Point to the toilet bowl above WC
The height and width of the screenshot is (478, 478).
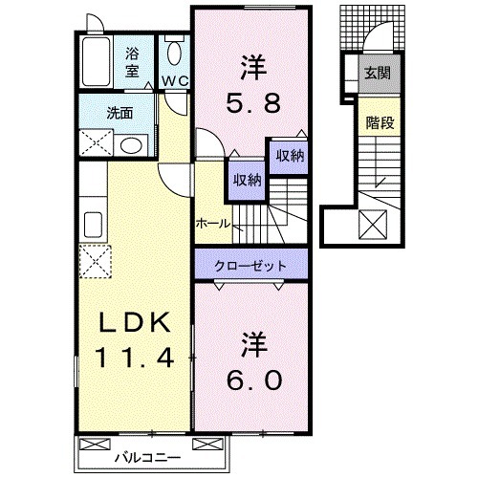[x=173, y=53]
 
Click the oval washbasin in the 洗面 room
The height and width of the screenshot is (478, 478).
[x=133, y=145]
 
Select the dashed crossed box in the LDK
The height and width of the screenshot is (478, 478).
[x=96, y=261]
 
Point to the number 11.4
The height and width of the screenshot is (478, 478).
[x=132, y=359]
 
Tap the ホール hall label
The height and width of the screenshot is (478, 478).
[x=211, y=222]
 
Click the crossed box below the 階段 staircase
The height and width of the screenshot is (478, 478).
[x=369, y=228]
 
